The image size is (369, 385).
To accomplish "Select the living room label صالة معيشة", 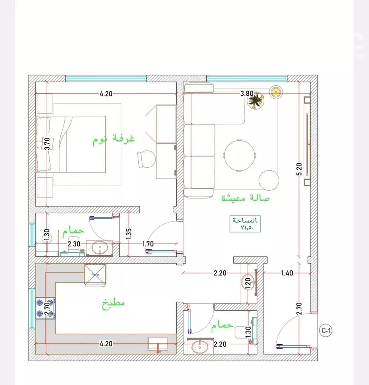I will tap(245, 198).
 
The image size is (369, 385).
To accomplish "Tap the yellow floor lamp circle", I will tap(275, 91).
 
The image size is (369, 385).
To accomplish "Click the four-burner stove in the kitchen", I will tap(45, 308).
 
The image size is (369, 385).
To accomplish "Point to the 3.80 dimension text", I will tap(246, 93).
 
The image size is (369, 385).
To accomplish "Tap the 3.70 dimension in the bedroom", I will tap(46, 143).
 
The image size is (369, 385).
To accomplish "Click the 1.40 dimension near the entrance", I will tap(287, 273).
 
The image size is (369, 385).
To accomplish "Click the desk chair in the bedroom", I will tap(146, 159).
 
